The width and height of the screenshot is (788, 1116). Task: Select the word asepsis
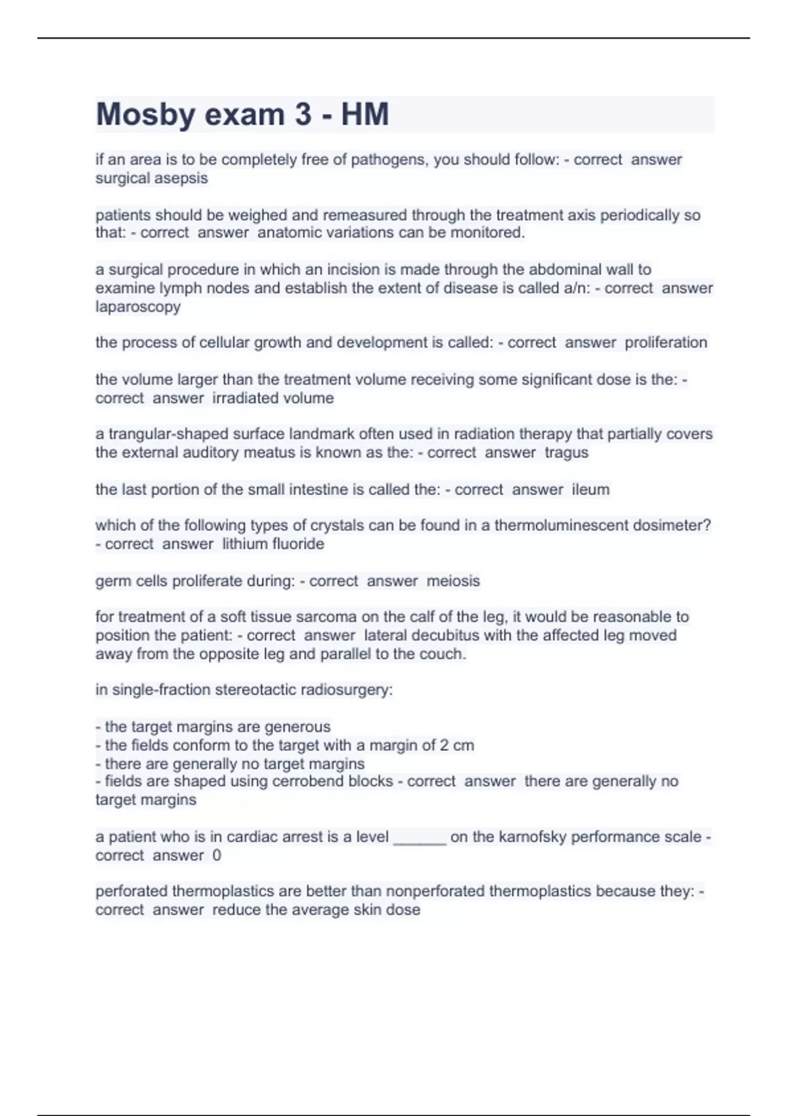183,178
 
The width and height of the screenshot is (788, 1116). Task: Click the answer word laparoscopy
138,307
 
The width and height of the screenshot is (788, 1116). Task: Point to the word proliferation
666,343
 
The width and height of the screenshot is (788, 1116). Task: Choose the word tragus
566,452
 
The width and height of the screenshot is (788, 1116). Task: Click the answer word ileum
590,489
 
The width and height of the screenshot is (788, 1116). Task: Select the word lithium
244,544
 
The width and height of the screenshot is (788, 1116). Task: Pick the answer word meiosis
453,580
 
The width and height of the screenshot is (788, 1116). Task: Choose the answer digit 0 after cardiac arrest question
217,855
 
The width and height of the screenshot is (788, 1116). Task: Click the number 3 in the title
303,114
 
